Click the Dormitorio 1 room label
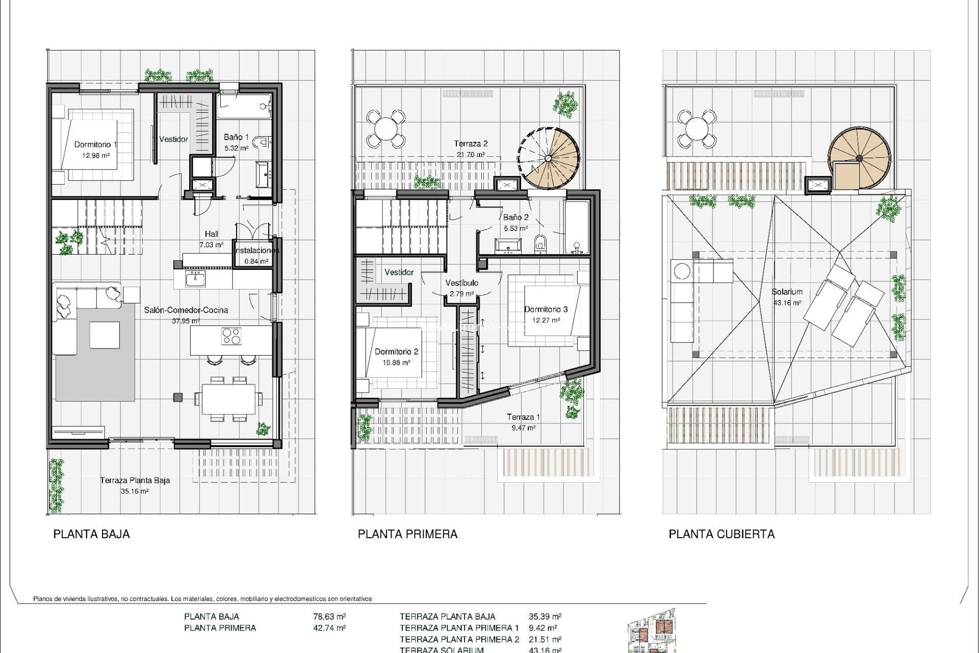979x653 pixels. [x=95, y=144]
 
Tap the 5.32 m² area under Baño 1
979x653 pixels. [x=236, y=148]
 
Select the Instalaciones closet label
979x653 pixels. [x=257, y=250]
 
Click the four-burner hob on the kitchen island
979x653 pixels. [x=231, y=336]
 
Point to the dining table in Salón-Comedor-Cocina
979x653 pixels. [x=228, y=399]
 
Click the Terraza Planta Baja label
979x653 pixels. [x=135, y=480]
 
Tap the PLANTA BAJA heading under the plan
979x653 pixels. [x=92, y=534]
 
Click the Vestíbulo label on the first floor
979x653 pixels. [x=461, y=283]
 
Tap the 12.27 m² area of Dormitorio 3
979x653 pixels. [x=546, y=320]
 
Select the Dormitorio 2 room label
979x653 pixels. [x=396, y=351]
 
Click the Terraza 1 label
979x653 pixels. [x=523, y=417]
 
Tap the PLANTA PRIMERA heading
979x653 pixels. [x=407, y=534]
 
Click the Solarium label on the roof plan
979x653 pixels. [x=787, y=292]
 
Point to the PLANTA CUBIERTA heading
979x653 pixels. [x=722, y=534]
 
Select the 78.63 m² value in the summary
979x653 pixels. [x=329, y=616]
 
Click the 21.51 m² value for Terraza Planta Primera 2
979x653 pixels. [x=545, y=639]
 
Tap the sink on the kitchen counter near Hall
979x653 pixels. [x=194, y=279]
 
